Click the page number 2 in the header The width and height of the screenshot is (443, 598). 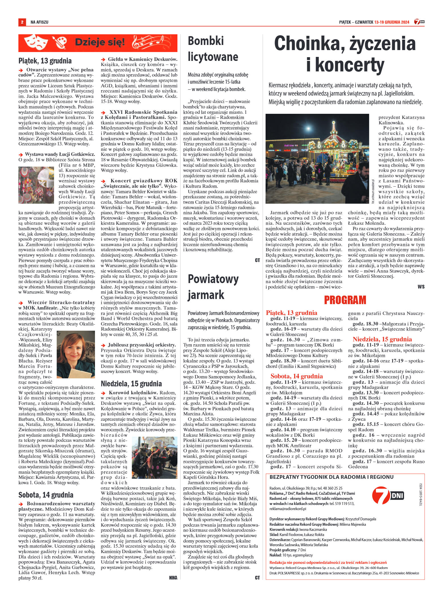tap(22, 22)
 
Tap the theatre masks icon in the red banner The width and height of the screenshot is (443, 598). tap(35, 43)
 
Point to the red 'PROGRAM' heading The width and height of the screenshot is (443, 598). tap(345, 300)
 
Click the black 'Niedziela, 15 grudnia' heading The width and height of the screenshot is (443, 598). tap(131, 383)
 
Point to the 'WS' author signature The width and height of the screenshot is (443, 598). tap(421, 286)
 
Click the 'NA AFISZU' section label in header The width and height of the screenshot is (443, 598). tap(40, 22)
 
